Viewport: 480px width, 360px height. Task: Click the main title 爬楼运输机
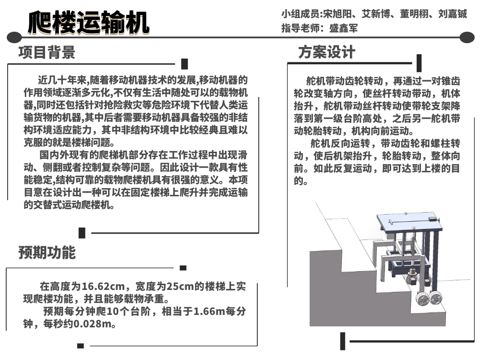point(88,23)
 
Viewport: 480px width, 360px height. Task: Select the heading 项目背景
point(47,52)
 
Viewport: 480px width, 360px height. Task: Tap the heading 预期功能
point(47,252)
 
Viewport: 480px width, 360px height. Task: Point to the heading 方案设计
point(326,52)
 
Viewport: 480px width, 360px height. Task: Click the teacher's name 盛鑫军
point(343,28)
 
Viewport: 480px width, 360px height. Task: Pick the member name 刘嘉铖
point(453,14)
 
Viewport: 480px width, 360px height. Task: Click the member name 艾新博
point(376,14)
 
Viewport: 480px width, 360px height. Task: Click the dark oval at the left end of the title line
point(14,37)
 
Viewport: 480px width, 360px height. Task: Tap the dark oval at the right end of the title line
point(467,37)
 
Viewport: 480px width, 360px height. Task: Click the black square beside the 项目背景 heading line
point(185,64)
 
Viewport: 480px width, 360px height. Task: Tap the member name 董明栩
point(414,14)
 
